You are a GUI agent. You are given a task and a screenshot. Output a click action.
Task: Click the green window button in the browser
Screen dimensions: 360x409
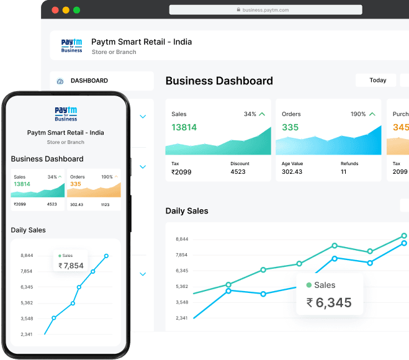[76, 11]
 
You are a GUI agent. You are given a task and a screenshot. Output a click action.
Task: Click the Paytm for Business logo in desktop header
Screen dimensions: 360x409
[71, 46]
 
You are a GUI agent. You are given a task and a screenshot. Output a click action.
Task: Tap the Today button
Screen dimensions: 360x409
[377, 81]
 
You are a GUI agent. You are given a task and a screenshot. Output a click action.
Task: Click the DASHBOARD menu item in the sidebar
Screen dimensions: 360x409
[89, 81]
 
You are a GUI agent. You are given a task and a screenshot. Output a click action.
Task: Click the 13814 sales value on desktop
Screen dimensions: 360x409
[184, 127]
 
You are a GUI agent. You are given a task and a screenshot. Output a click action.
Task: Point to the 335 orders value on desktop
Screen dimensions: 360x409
[290, 127]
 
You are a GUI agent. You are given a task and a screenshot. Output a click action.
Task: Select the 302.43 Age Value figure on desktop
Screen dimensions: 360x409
[292, 171]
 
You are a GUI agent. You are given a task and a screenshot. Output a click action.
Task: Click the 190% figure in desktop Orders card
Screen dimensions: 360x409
[358, 114]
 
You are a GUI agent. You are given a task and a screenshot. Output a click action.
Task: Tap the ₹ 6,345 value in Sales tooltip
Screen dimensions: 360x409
[329, 303]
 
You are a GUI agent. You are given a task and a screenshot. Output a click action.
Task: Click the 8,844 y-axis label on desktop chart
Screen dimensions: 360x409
[182, 239]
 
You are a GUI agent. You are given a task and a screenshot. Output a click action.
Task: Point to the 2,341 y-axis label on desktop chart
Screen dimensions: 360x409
[182, 318]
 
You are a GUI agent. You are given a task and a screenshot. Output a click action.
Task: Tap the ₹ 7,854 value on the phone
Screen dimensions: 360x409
[71, 266]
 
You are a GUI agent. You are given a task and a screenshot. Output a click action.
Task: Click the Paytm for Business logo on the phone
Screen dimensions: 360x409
[66, 114]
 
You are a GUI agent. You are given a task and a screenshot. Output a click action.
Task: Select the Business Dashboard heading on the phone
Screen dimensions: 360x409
[47, 159]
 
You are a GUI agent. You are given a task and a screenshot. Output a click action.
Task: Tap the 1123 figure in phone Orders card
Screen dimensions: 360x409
[105, 204]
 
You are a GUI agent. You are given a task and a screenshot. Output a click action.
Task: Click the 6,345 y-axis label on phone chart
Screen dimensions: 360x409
[27, 287]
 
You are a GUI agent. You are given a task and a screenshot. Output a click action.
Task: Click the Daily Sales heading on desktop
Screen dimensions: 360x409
[187, 211]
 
